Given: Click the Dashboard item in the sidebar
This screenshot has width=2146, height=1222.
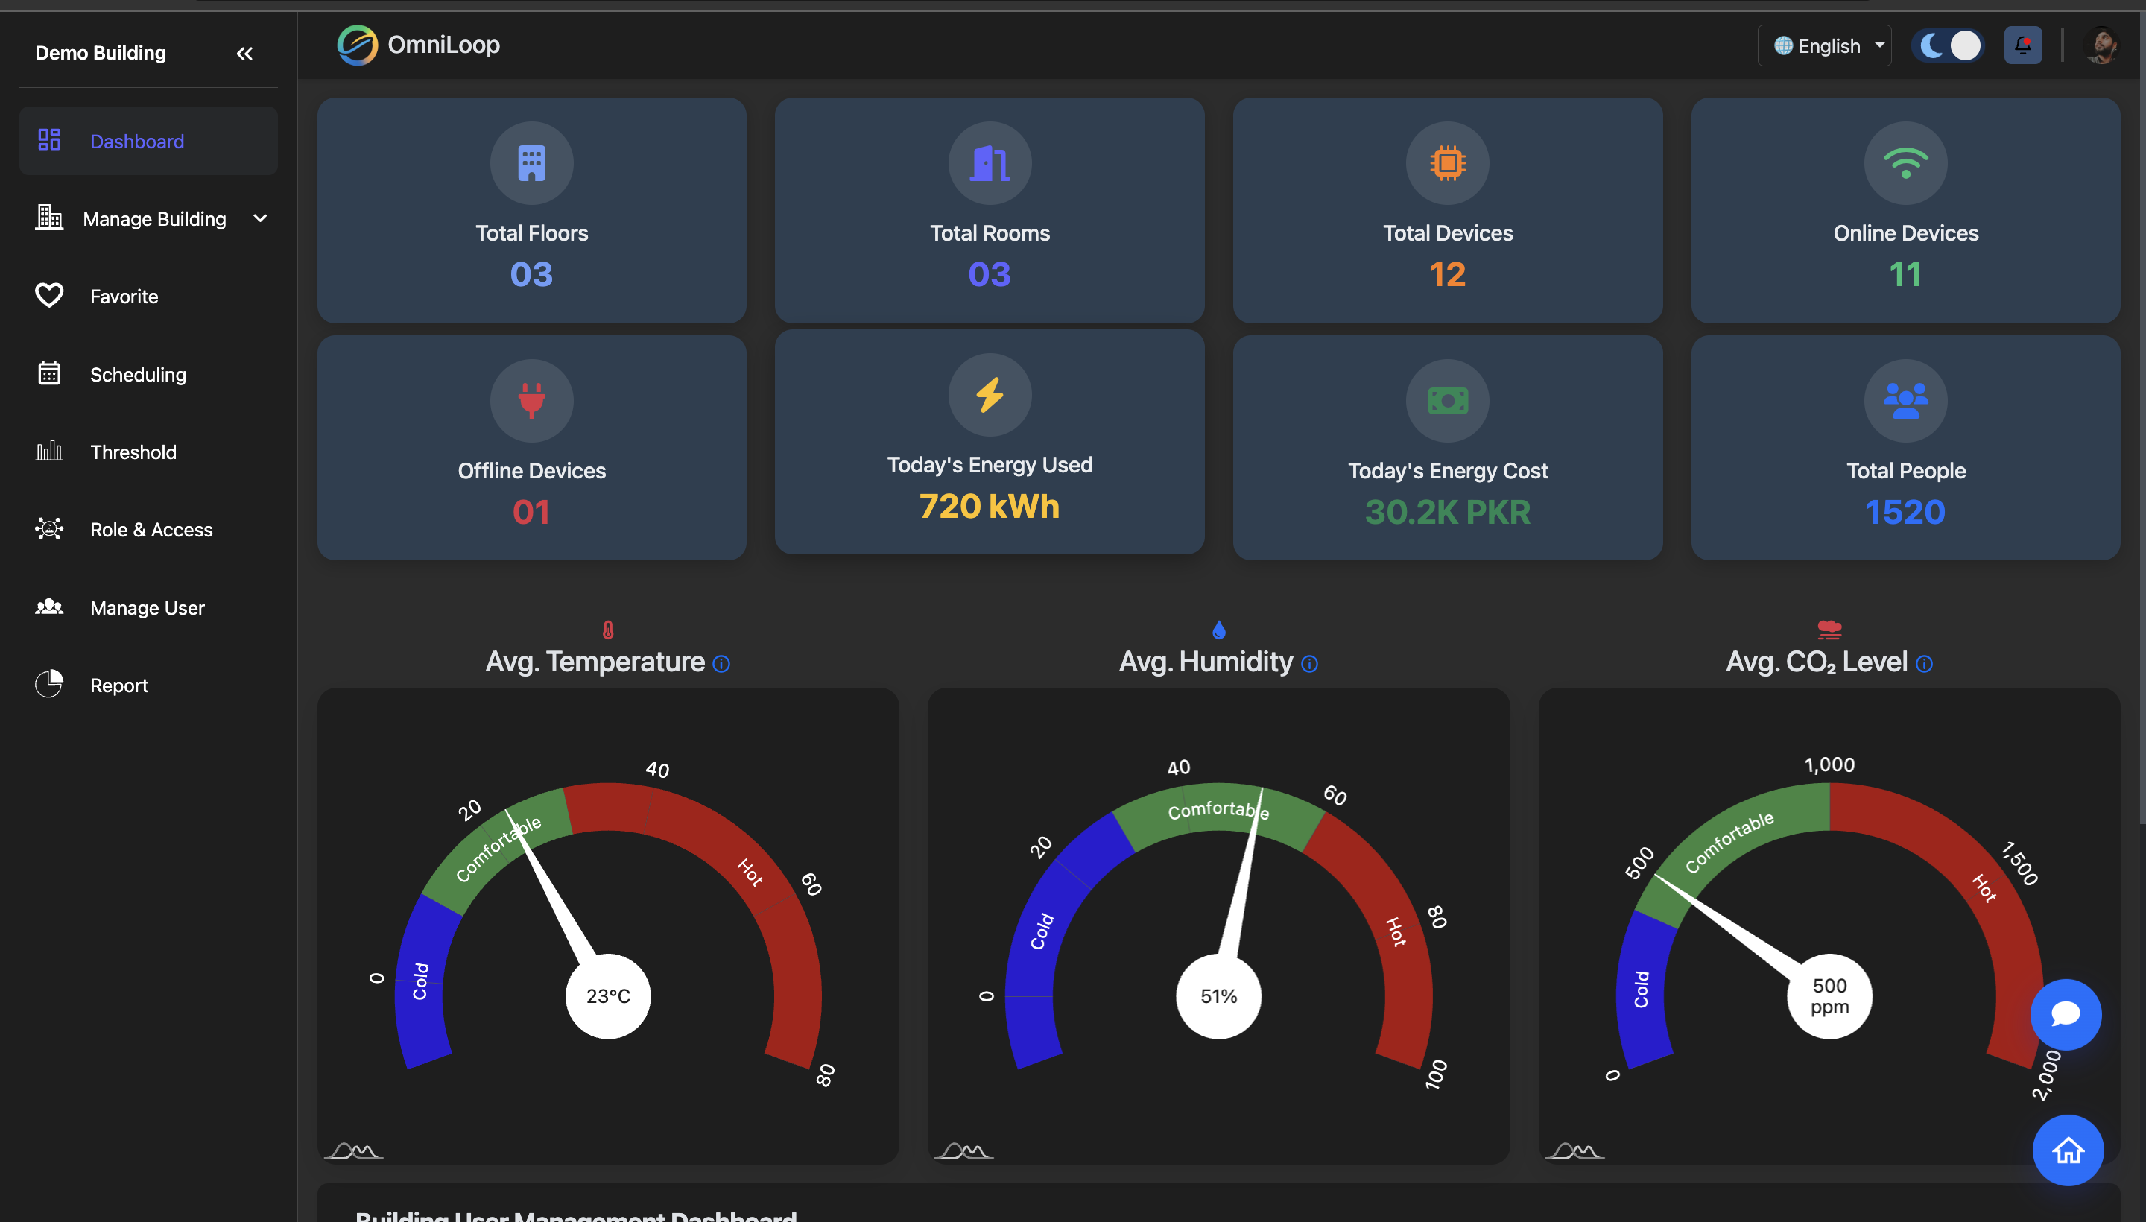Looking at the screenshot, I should pyautogui.click(x=137, y=141).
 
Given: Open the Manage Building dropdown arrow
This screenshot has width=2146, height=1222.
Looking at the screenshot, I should pyautogui.click(x=260, y=218).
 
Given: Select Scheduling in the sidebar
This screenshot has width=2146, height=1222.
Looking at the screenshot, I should pyautogui.click(x=138, y=374).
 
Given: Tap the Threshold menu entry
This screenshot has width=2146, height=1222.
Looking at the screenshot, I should pyautogui.click(x=133, y=452).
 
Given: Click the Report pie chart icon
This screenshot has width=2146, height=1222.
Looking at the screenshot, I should pyautogui.click(x=48, y=684).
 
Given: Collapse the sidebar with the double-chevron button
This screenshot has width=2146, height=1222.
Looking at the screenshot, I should pyautogui.click(x=244, y=54).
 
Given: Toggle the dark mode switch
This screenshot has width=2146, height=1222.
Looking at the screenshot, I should pyautogui.click(x=1948, y=45).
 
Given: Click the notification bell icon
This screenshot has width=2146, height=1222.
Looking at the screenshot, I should pyautogui.click(x=2022, y=45).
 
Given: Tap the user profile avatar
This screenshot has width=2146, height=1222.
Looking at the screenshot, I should pyautogui.click(x=2101, y=45).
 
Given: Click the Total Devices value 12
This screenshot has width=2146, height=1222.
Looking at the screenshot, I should pyautogui.click(x=1447, y=274).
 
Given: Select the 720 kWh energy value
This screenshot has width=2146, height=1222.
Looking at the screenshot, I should pyautogui.click(x=990, y=506).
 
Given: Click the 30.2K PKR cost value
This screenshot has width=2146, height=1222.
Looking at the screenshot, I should pyautogui.click(x=1447, y=512).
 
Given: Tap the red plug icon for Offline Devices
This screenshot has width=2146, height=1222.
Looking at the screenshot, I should pyautogui.click(x=531, y=399).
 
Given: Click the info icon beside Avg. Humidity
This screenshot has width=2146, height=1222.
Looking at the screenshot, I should pyautogui.click(x=1309, y=664).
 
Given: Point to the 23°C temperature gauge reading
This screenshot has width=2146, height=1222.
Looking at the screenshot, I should pyautogui.click(x=607, y=996).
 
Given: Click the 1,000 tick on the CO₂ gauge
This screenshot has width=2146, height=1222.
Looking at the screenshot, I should pyautogui.click(x=1829, y=764).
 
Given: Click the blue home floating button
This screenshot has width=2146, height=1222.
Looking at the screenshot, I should pyautogui.click(x=2067, y=1150).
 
